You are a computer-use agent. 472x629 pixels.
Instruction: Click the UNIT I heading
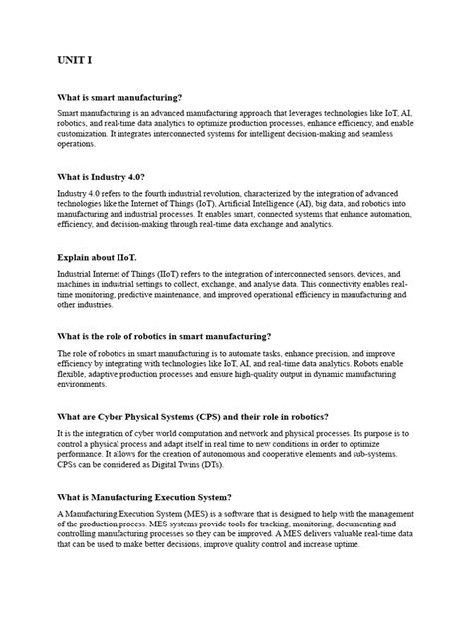[74, 62]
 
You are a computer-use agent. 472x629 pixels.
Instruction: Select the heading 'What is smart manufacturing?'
[120, 97]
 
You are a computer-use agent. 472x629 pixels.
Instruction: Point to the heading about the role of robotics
[164, 336]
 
